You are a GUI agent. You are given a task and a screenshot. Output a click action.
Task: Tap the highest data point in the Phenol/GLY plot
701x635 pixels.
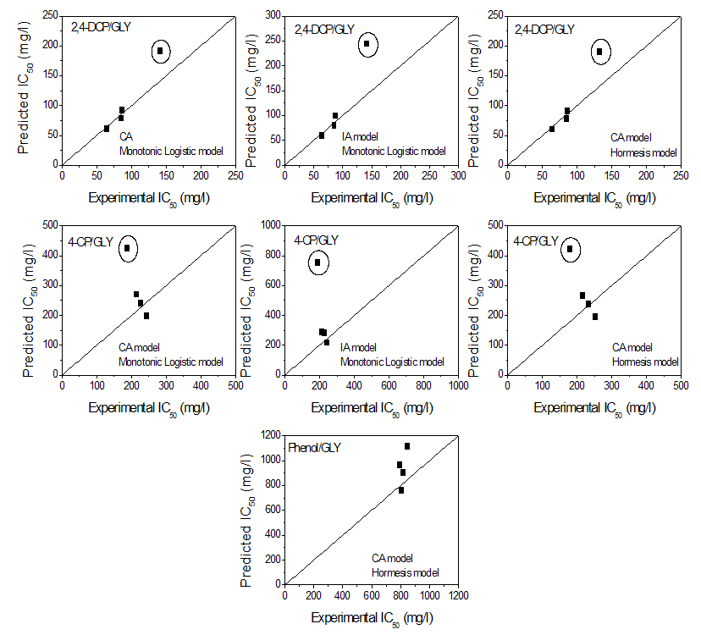click(x=407, y=446)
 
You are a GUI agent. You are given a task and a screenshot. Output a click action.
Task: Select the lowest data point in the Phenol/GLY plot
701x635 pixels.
click(x=401, y=490)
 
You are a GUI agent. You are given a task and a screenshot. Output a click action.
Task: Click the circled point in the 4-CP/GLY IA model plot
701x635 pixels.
click(x=317, y=262)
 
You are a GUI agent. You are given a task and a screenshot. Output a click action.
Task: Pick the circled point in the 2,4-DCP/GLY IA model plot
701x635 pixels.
click(x=367, y=44)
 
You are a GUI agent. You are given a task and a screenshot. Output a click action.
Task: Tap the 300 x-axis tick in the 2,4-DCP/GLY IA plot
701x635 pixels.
click(x=457, y=175)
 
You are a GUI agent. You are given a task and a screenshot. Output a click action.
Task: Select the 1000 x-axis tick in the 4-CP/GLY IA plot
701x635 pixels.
click(x=458, y=385)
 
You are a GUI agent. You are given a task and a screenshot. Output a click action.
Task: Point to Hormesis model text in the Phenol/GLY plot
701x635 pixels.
click(x=406, y=572)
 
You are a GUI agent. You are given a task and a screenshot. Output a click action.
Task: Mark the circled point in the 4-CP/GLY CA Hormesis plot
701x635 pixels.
click(x=570, y=249)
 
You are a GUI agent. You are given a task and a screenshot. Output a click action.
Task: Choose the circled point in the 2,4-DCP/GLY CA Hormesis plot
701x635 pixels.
click(x=599, y=52)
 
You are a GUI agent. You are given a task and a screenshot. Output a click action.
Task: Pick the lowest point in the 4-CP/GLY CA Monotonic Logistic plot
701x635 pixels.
click(x=146, y=316)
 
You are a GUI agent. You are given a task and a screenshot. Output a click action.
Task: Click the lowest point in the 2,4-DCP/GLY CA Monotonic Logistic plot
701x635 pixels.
click(x=107, y=129)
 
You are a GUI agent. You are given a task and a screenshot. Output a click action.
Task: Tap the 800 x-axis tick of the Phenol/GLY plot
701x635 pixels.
click(x=400, y=595)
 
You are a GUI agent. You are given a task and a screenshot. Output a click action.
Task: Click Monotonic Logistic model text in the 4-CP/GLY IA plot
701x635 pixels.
click(x=391, y=362)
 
